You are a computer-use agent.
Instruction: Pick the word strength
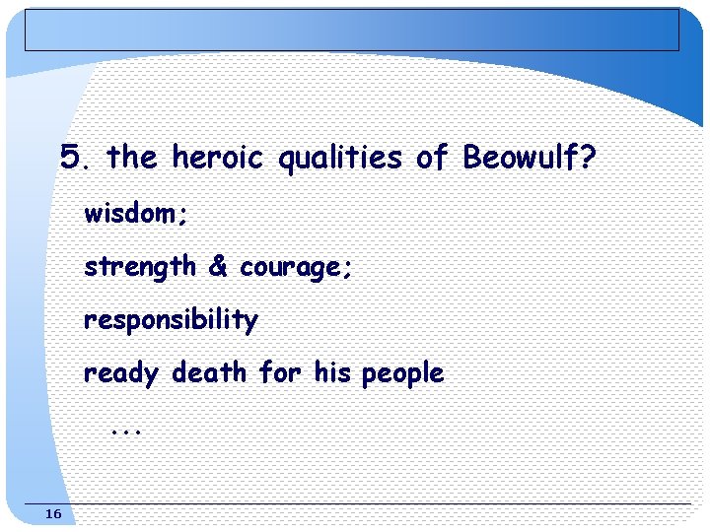(x=139, y=267)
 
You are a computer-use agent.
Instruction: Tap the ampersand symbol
(x=217, y=266)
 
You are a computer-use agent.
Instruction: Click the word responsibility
(x=171, y=320)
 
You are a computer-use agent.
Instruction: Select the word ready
(x=120, y=373)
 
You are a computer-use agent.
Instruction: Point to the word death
(x=208, y=372)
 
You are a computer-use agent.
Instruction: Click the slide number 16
(x=53, y=514)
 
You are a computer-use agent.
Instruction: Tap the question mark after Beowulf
(x=588, y=157)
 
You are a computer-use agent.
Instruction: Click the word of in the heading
(x=432, y=157)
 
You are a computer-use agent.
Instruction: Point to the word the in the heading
(x=131, y=157)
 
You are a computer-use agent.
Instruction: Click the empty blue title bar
(x=352, y=30)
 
